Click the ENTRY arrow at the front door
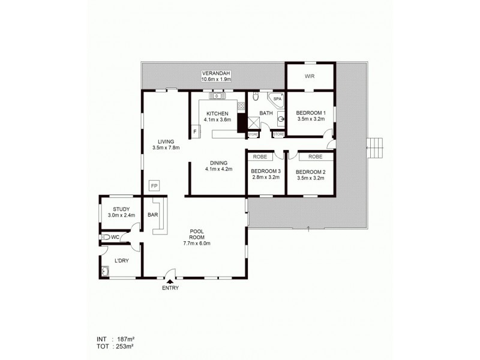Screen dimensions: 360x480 click(x=170, y=280)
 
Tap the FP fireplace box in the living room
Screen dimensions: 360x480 click(x=154, y=185)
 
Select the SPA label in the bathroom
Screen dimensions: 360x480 click(x=277, y=98)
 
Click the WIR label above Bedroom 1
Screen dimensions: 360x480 click(x=310, y=76)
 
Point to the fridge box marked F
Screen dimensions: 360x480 click(x=194, y=131)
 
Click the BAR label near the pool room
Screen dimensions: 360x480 click(x=152, y=214)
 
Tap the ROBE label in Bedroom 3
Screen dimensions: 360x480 click(x=260, y=156)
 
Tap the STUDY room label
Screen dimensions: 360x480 click(x=121, y=209)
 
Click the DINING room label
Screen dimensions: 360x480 click(x=218, y=162)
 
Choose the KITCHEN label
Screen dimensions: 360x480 click(x=217, y=113)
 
